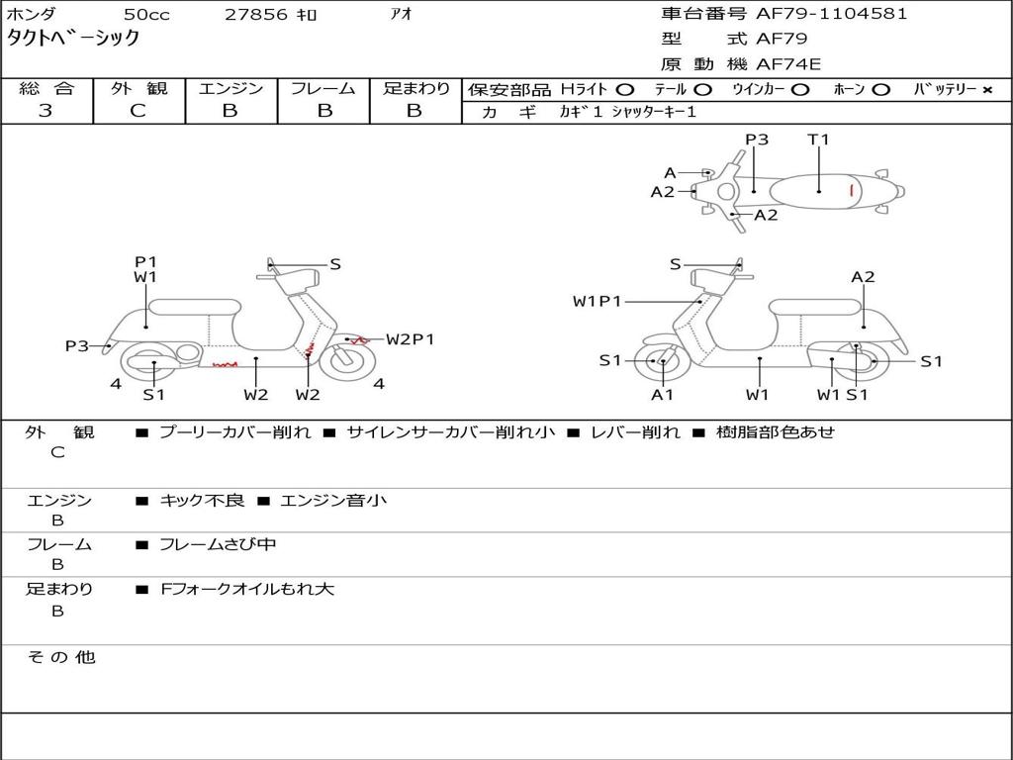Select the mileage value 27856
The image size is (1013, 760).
tap(256, 15)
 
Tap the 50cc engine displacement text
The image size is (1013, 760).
tap(145, 15)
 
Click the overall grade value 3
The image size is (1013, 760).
tap(46, 111)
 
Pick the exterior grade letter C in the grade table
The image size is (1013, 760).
tap(138, 111)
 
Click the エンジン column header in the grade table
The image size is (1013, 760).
tap(230, 89)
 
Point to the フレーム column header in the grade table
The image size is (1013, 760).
tap(322, 89)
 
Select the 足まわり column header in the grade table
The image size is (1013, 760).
tap(415, 89)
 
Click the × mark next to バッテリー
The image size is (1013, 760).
tap(987, 90)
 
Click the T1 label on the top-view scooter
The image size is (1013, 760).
tap(818, 140)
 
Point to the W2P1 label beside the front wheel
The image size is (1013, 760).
tap(410, 339)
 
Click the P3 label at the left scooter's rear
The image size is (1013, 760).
tap(76, 345)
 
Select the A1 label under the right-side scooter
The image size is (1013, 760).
tap(662, 395)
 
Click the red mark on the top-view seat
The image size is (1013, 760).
tap(851, 189)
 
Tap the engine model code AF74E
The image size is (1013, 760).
tap(788, 64)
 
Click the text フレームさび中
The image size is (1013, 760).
tap(218, 544)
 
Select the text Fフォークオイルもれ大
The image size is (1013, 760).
tap(247, 589)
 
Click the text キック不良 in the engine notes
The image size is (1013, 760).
tap(202, 500)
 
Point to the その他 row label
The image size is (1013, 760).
tap(60, 657)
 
